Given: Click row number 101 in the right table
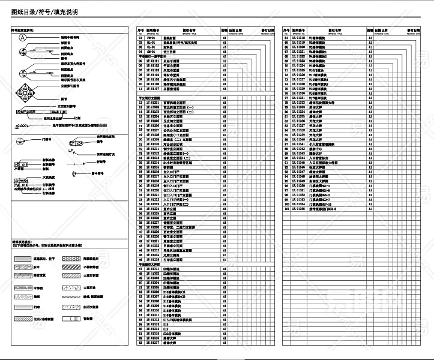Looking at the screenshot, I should tap(287, 209).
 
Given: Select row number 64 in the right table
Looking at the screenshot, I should tap(287, 37).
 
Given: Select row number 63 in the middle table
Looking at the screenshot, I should tap(140, 343).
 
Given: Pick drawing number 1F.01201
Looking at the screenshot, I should tap(152, 103).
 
